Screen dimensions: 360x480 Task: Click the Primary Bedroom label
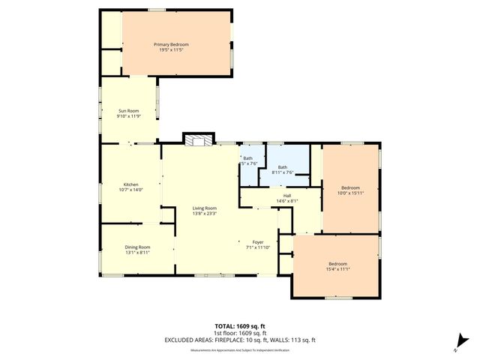171,45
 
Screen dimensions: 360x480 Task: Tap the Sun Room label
128,111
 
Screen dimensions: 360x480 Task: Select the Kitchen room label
130,184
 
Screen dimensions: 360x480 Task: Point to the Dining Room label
137,247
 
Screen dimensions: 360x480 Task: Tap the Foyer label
257,242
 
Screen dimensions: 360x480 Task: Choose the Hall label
287,196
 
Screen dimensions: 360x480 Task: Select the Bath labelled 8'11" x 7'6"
282,167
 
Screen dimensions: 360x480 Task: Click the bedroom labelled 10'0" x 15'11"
350,187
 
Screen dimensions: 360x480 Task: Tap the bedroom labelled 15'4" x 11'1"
337,263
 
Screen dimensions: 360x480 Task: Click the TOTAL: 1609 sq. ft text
239,327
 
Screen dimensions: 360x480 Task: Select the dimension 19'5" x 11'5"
171,50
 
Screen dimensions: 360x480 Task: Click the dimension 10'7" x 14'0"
130,190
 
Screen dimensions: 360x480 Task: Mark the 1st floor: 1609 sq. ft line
239,333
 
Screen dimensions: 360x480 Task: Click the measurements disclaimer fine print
239,350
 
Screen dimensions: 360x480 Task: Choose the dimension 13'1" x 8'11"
137,253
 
